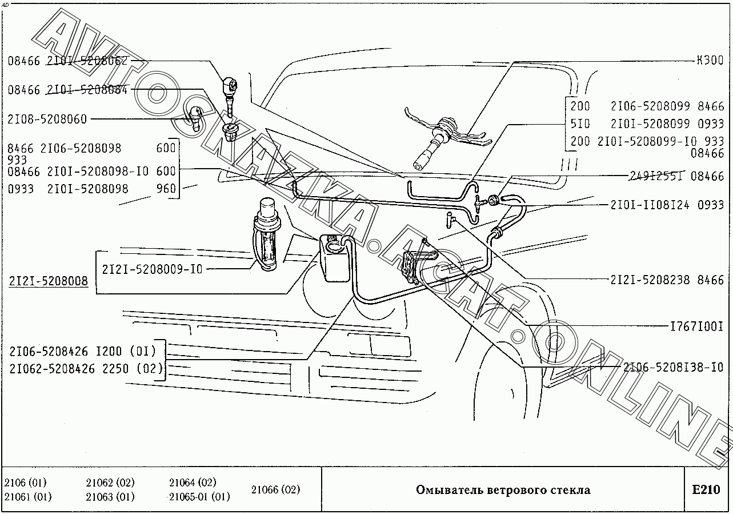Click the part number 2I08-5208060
pyautogui.click(x=47, y=119)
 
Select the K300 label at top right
pyautogui.click(x=710, y=60)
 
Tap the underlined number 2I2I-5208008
pyautogui.click(x=49, y=281)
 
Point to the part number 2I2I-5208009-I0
pyautogui.click(x=152, y=269)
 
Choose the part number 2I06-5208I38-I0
pyautogui.click(x=673, y=367)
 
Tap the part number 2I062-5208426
pyautogui.click(x=52, y=369)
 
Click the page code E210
pyautogui.click(x=706, y=490)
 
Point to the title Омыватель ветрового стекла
pyautogui.click(x=503, y=490)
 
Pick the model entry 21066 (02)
pyautogui.click(x=275, y=489)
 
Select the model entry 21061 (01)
pyautogui.click(x=27, y=497)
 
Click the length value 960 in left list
pyautogui.click(x=166, y=189)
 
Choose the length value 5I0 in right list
pyautogui.click(x=580, y=123)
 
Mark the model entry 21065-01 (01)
pyautogui.click(x=199, y=497)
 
